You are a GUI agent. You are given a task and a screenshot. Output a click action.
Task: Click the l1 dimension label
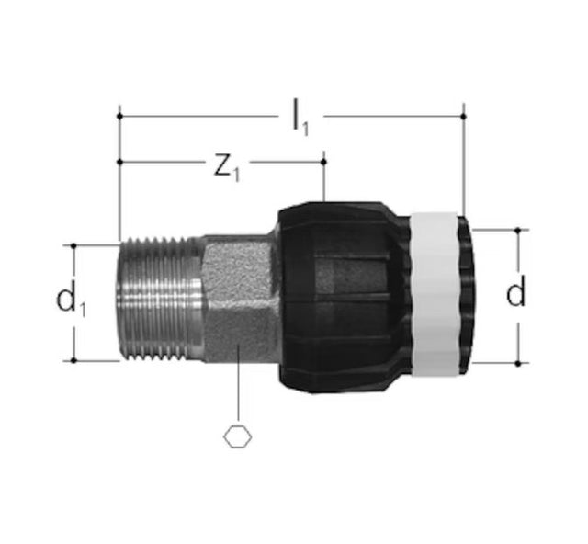click(300, 118)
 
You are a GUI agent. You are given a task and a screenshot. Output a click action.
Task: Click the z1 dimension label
click(227, 167)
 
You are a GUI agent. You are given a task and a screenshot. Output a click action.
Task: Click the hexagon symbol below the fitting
click(238, 437)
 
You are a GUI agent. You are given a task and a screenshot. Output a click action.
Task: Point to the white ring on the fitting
click(435, 294)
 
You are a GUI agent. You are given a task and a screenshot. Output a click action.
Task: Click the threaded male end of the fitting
click(158, 300)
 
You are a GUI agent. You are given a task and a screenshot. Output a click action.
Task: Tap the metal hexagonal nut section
click(240, 299)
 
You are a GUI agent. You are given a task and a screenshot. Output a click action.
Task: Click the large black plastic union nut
click(343, 297)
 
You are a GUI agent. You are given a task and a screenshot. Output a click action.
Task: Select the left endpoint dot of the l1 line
click(119, 117)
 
